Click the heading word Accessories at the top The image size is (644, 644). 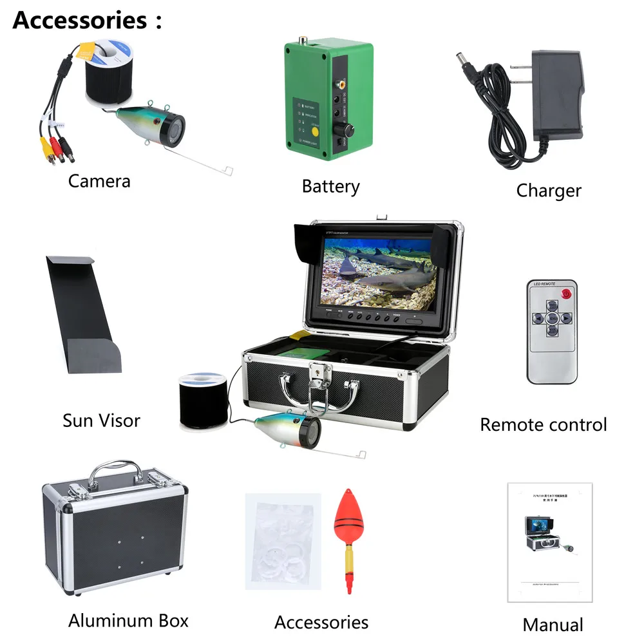point(79,21)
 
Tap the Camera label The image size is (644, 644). point(99,181)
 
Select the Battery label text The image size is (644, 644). point(330,187)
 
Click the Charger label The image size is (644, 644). point(549,191)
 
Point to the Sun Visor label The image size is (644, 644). point(101,421)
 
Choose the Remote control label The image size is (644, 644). point(544,425)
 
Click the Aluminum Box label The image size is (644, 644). point(128,621)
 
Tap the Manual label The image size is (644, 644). point(553,625)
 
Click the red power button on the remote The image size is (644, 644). point(567,294)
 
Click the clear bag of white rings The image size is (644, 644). point(283,541)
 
